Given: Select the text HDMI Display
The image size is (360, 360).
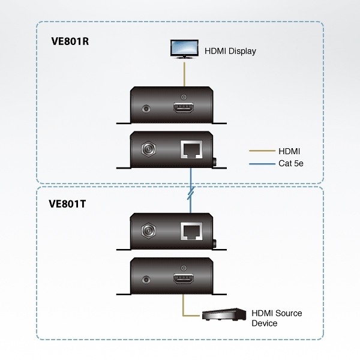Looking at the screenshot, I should [x=230, y=52].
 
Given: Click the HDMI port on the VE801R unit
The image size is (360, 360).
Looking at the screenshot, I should [x=184, y=109].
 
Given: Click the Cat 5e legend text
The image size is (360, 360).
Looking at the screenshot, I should [x=290, y=163].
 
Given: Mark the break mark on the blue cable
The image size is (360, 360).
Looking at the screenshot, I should [x=190, y=194].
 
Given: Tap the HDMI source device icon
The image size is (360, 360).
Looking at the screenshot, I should [x=224, y=314].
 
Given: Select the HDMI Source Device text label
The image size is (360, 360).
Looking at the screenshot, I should [x=276, y=318].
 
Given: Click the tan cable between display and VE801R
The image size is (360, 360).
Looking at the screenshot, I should [x=184, y=74].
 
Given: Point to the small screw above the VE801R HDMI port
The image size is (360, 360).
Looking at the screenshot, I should [x=184, y=97].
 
